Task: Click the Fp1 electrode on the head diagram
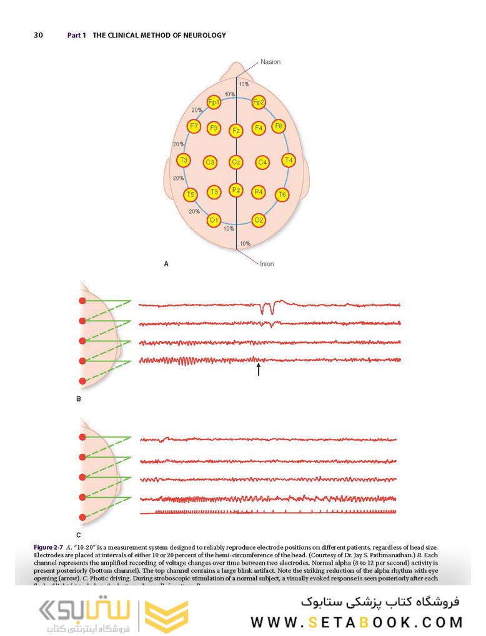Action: coord(214,102)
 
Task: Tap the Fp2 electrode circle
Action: coord(259,102)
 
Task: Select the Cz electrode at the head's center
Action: coord(236,162)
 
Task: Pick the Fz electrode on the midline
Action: coord(236,131)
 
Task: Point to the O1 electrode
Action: coord(214,220)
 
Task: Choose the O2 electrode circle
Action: coord(259,220)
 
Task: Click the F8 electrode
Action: coord(279,126)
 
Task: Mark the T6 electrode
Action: coord(282,194)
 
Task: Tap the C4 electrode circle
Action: coord(263,163)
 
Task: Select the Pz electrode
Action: coord(236,189)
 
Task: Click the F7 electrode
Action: coord(194,126)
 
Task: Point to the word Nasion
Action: coord(270,62)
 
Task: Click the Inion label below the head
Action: coord(267,264)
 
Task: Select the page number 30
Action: coord(38,36)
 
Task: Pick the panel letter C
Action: coord(79,535)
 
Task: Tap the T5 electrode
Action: coord(191,194)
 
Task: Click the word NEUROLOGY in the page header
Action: coord(204,36)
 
